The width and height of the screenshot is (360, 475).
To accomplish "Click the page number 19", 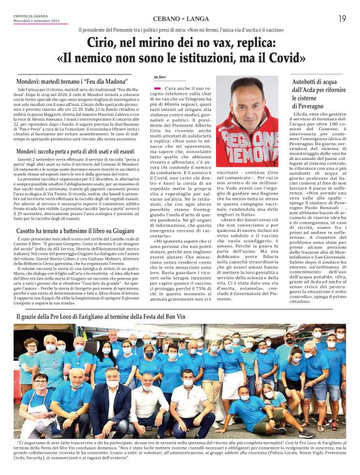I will (342, 19).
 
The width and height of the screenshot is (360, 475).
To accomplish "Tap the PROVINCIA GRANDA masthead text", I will (30, 16).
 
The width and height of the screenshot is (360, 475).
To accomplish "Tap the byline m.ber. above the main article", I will (160, 77).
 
